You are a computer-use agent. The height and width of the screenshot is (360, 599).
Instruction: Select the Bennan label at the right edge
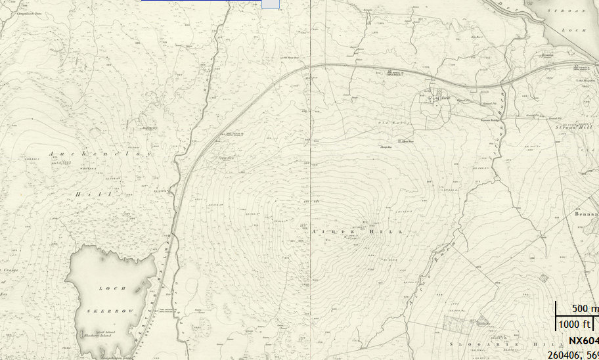(587, 214)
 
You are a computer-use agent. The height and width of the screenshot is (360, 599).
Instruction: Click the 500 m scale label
(583, 309)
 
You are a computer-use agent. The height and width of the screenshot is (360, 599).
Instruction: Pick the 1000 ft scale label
(575, 324)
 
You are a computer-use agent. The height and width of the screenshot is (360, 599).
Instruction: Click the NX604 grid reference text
(583, 340)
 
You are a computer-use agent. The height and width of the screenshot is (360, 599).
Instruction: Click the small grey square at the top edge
(270, 4)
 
